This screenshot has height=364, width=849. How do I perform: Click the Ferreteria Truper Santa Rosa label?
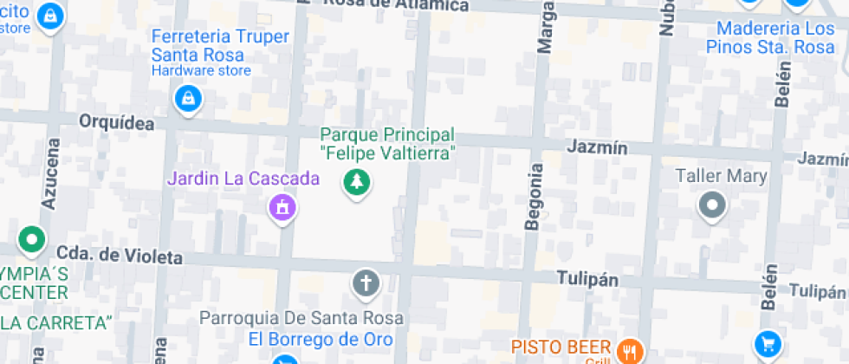tap(220, 45)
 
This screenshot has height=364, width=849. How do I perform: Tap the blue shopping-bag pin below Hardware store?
tap(186, 99)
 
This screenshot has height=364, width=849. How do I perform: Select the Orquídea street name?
tap(116, 123)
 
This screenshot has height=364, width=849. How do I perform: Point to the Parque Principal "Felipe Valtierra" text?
tap(387, 144)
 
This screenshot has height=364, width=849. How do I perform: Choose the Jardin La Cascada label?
tap(243, 179)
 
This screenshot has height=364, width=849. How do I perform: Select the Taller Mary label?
tap(722, 177)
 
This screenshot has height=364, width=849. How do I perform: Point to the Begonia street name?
tap(535, 197)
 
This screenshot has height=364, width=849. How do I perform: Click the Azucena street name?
tap(50, 173)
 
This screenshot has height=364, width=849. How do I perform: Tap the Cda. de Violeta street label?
tap(120, 257)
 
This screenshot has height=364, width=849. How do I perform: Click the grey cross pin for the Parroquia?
tap(366, 283)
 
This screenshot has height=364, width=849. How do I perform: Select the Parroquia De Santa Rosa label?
tap(296, 317)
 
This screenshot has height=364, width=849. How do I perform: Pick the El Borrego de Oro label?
tap(321, 339)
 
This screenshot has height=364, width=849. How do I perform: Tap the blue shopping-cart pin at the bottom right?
tap(766, 344)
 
